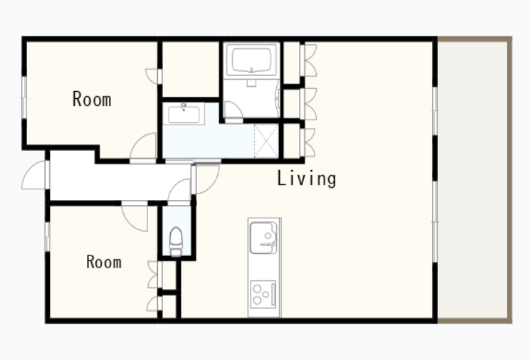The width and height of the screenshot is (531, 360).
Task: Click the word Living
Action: pos(307,179)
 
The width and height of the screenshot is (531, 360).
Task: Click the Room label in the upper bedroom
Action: pos(92,99)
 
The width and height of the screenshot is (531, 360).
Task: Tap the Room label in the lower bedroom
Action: pos(104,262)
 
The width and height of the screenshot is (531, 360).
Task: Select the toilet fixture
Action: pos(176,242)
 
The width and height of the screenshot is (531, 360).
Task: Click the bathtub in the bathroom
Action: pos(251,60)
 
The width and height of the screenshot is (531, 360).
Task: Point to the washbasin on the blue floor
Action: pos(184,114)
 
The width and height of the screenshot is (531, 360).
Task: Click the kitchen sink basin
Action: pos(263,238)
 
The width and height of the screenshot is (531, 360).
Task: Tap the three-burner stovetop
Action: pos(263,294)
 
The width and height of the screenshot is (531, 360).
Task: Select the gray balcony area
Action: pos(474,179)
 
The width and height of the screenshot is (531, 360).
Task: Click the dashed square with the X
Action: pos(265,141)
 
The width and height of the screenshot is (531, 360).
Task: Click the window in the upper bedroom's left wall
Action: pos(24,97)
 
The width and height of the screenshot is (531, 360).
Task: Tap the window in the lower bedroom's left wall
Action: pos(48,237)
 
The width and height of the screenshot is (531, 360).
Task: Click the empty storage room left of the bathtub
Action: pos(191,69)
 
